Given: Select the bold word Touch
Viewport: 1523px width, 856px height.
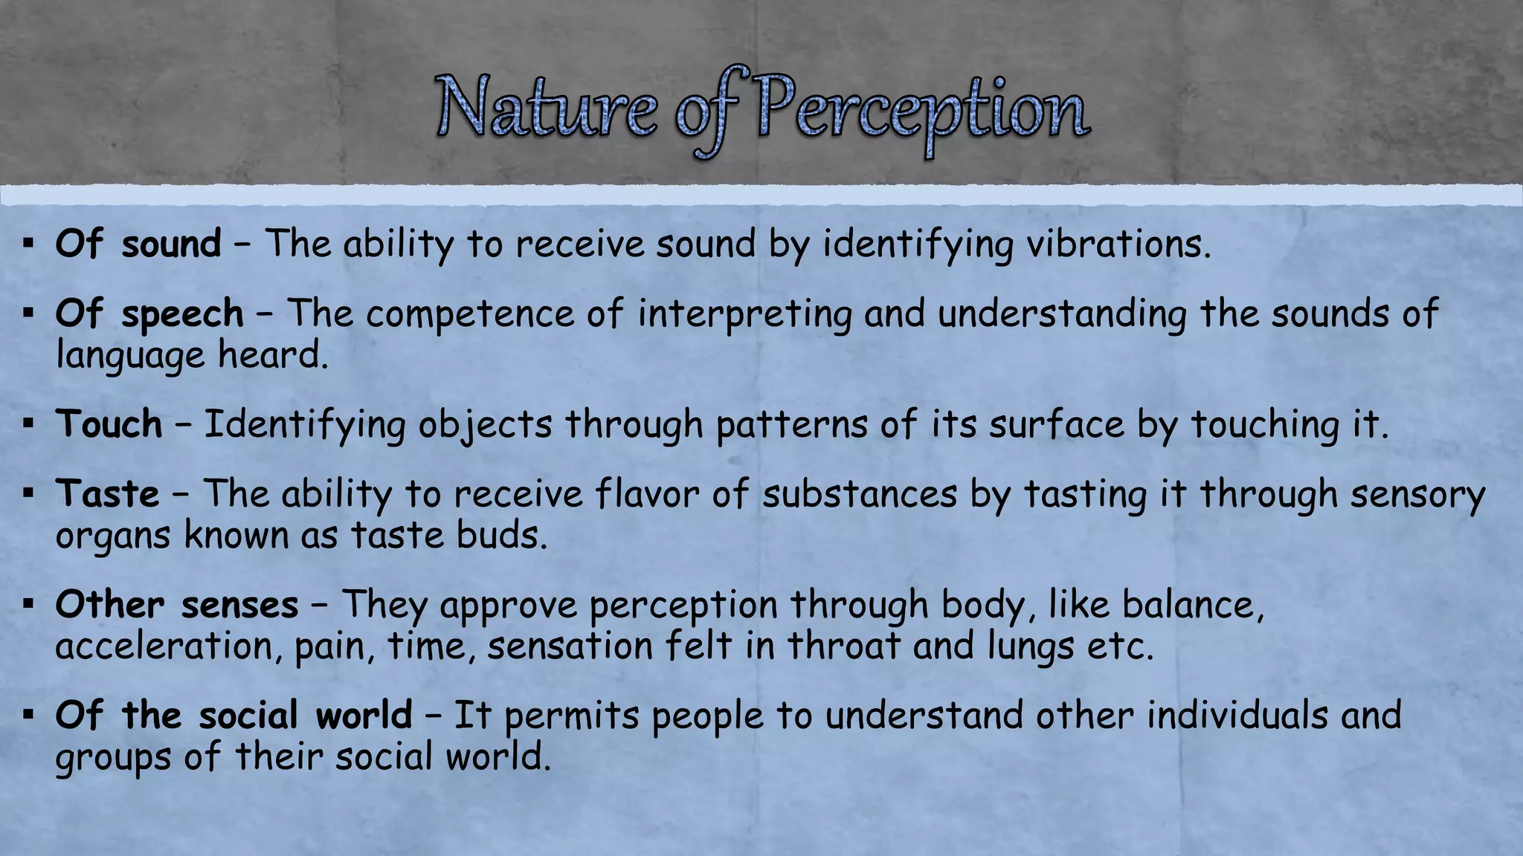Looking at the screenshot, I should tap(109, 424).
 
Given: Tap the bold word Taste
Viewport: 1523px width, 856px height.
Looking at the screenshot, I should tap(108, 493).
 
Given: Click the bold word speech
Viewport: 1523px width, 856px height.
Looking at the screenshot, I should tap(183, 314).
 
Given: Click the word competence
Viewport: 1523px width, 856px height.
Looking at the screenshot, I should tap(469, 314).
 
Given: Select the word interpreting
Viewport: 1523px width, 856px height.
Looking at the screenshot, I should tap(744, 314).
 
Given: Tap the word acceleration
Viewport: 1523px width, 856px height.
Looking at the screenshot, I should tap(168, 646).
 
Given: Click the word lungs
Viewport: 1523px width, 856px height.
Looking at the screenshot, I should tap(1031, 646).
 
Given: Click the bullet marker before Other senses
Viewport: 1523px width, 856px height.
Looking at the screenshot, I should tap(29, 604).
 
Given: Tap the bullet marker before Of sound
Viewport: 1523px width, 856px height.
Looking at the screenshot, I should tap(29, 244).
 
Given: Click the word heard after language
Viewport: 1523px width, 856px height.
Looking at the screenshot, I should tap(272, 355).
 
